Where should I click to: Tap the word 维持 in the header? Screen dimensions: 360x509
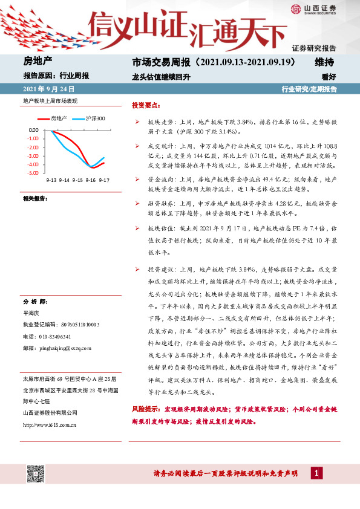coord(324,62)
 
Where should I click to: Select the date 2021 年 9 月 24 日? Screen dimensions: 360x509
coord(44,89)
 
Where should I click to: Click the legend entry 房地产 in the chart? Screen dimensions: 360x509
coord(58,118)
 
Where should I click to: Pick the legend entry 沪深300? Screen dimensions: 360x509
coord(94,118)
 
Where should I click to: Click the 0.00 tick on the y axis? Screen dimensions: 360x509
coord(33,130)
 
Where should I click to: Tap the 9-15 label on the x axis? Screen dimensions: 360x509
coord(77,180)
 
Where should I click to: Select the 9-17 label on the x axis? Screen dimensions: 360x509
coord(103,180)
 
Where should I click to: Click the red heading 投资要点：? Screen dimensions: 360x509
coord(146,105)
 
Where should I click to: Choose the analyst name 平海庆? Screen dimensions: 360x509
coord(31,313)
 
